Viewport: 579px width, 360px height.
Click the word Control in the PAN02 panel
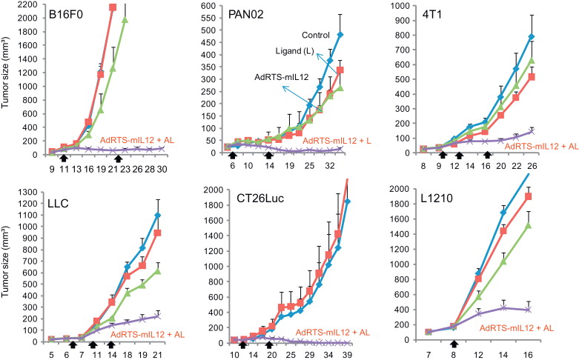tap(317, 34)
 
